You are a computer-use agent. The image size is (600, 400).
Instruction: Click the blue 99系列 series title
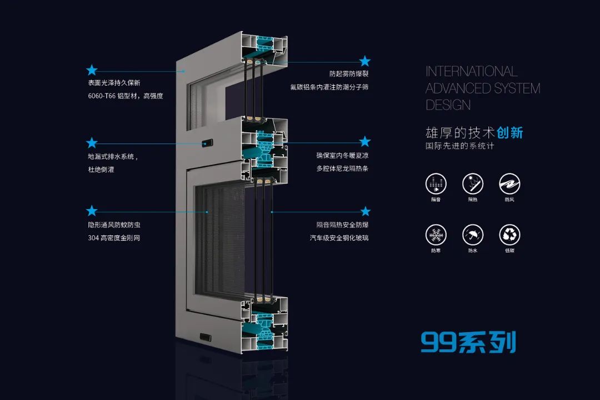coord(468,342)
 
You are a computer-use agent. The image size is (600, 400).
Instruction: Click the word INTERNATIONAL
coord(471,71)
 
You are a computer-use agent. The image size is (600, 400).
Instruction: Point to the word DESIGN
coord(448,105)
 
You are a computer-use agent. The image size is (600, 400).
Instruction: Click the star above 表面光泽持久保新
coord(92,70)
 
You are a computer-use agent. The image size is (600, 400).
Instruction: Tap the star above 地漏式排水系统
coord(92,143)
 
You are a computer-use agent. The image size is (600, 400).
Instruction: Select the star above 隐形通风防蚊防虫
coord(92,211)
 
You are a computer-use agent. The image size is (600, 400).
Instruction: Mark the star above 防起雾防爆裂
coord(364,61)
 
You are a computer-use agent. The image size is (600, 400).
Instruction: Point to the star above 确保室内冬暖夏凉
coord(364,141)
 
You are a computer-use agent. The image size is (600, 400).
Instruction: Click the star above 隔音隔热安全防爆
coord(365,211)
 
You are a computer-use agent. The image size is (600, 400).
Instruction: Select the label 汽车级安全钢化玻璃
coord(339,238)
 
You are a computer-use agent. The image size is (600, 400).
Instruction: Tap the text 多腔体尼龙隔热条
coord(342,168)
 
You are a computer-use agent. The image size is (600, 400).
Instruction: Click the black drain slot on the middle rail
coord(207,143)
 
